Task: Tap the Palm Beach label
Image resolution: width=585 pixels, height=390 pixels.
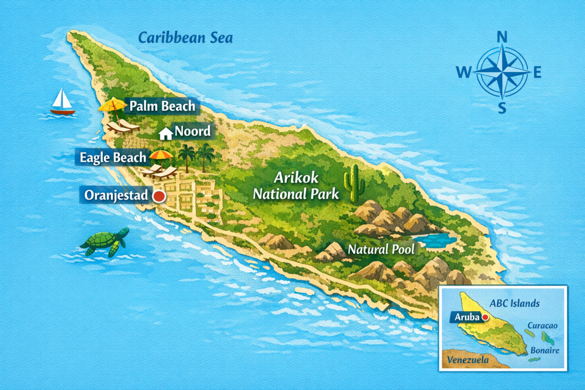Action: (x=162, y=106)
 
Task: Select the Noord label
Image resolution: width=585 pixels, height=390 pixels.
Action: (x=192, y=132)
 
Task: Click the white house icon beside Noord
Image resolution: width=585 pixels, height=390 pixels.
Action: (x=166, y=134)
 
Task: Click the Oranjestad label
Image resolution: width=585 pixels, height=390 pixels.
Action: (x=116, y=195)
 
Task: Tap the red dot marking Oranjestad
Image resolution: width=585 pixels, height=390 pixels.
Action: (x=159, y=196)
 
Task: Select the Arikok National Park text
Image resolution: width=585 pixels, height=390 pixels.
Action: (x=296, y=186)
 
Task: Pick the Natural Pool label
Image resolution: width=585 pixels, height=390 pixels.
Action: (x=381, y=250)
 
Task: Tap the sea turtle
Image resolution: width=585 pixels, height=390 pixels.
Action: (x=105, y=241)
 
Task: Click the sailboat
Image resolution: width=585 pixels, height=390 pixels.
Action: (x=62, y=103)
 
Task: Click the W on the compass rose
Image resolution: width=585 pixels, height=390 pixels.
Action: (x=463, y=72)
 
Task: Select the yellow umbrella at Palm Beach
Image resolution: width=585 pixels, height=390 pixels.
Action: (x=112, y=105)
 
